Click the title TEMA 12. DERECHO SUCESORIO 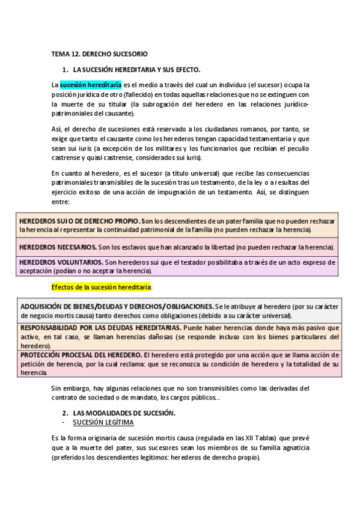point(99,54)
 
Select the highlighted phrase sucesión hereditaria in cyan point(90,85)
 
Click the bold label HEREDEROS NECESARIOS point(58,247)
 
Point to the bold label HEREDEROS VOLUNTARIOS point(61,263)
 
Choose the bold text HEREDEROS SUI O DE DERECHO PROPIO point(79,221)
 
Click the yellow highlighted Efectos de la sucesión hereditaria point(101,287)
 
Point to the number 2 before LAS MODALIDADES point(65,413)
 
